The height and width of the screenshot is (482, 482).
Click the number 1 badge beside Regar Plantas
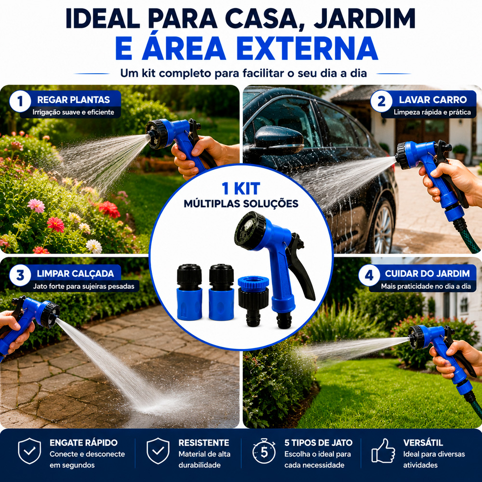pos(20,101)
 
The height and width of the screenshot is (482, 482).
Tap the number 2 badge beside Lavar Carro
pos(381,101)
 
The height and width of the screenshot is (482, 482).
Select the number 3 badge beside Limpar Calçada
pos(20,275)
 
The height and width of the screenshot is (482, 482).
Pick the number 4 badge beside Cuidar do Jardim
pos(369,275)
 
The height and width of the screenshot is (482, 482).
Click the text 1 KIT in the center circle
pos(241,188)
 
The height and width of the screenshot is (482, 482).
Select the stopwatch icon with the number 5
pos(264,451)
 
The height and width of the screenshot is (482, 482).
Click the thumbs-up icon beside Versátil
pos(383,451)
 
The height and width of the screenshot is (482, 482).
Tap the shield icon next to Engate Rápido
pos(29,451)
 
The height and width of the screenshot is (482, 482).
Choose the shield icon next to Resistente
pos(158,451)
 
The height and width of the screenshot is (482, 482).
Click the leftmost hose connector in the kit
pos(189,292)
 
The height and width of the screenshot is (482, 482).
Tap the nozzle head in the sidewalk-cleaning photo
pos(49,314)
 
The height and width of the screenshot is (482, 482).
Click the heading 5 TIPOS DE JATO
pos(318,442)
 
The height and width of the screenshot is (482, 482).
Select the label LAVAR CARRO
pos(433,100)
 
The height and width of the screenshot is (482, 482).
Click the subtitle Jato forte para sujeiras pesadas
pos(83,286)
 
